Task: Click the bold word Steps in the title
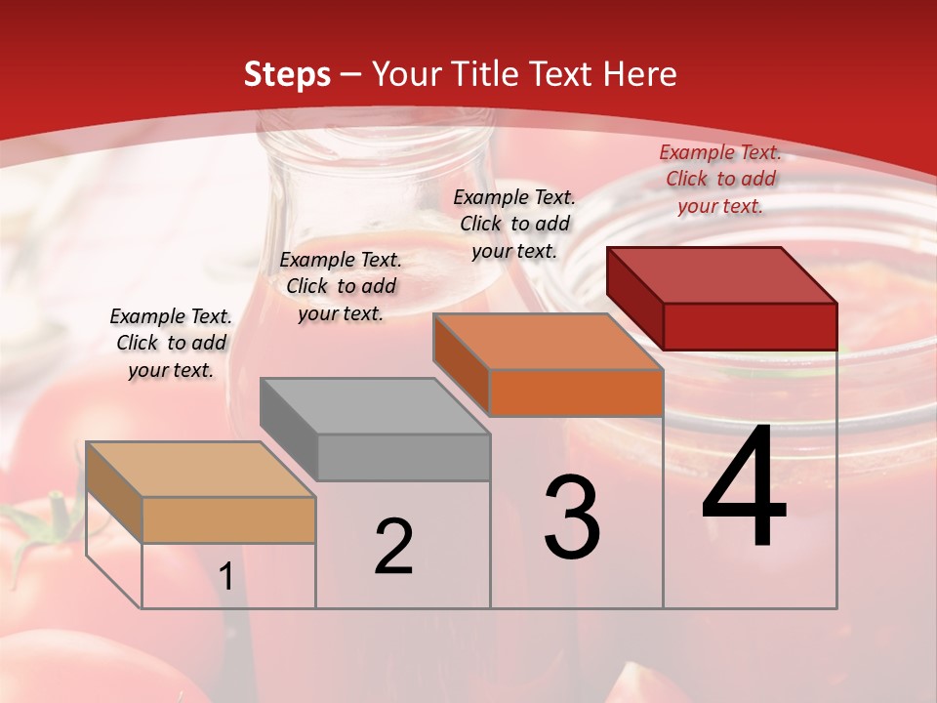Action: [x=287, y=74]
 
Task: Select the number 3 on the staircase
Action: [x=572, y=517]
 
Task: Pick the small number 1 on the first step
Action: [x=226, y=577]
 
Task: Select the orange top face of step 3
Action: [x=548, y=342]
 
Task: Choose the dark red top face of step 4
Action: [x=721, y=275]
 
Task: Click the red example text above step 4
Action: [x=720, y=179]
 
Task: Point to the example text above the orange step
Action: [x=514, y=224]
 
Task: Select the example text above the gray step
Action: [x=341, y=286]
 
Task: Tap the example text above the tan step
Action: [x=171, y=343]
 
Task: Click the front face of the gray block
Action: [x=404, y=457]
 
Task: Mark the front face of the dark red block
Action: [x=750, y=326]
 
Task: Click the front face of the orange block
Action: [x=576, y=393]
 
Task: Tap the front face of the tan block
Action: [x=229, y=519]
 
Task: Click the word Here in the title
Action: [x=640, y=74]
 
